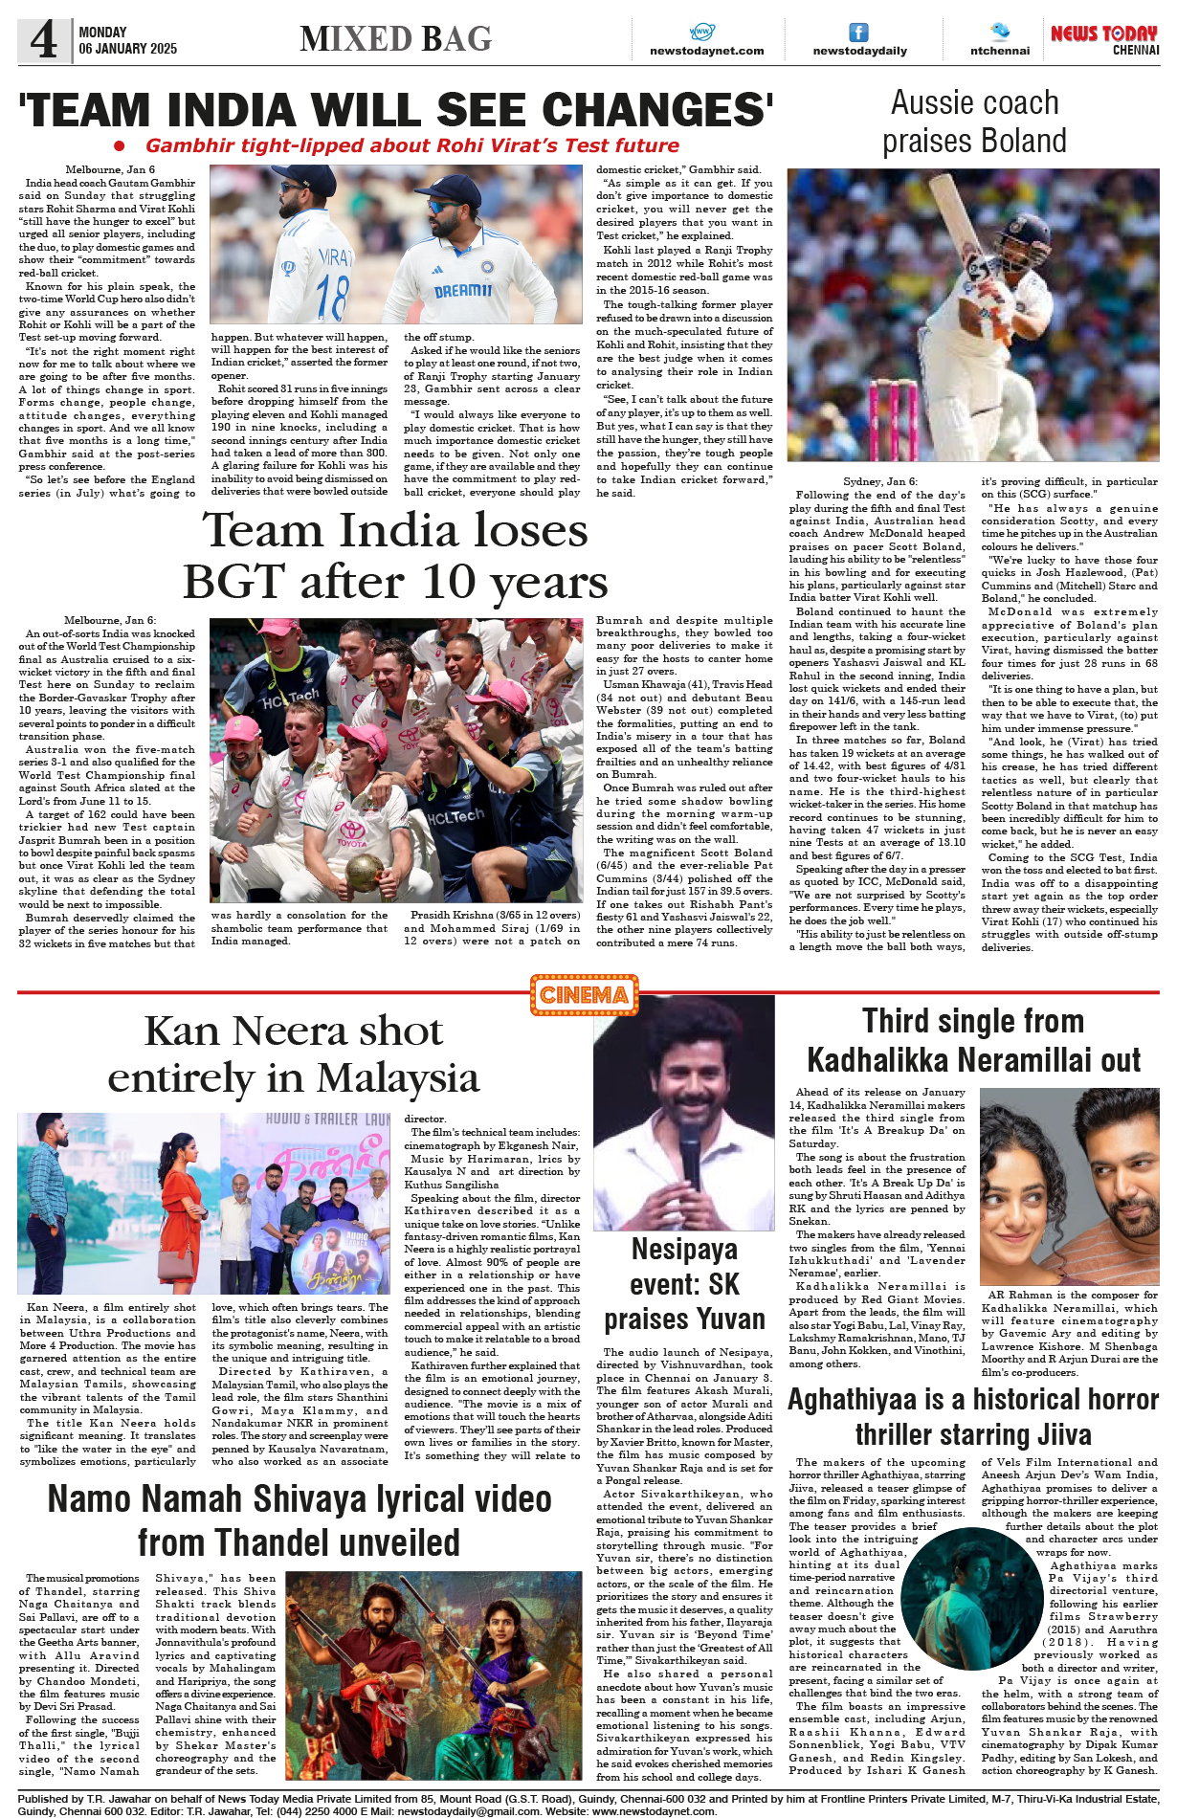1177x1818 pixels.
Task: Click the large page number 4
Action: coord(43,40)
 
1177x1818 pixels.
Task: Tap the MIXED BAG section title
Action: coord(395,39)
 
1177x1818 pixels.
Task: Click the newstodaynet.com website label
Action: coord(706,51)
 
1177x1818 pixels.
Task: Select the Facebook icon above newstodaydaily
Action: coord(859,33)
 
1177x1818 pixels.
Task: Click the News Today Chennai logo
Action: coord(1104,39)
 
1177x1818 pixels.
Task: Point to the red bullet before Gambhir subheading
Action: coord(120,145)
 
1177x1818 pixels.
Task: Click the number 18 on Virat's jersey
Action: coord(332,297)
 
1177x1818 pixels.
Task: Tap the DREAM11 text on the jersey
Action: coord(463,290)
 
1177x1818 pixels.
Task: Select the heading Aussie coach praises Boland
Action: coord(974,122)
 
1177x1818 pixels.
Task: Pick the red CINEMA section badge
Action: coord(584,995)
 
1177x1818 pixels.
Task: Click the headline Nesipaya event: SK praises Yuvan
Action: coord(684,1284)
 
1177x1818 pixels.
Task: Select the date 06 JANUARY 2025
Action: coord(128,49)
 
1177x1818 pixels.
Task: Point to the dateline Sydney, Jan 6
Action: coord(879,481)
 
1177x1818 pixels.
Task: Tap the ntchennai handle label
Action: coord(1000,51)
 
